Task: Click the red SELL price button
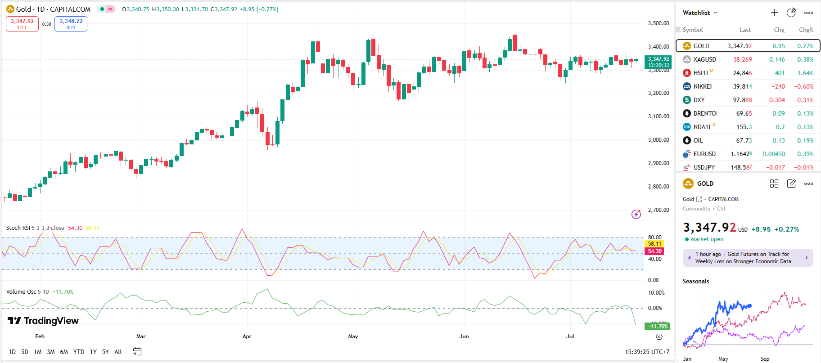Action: [22, 24]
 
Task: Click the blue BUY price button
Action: [71, 24]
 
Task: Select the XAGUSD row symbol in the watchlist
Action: [704, 59]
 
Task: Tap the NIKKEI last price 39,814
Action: [742, 86]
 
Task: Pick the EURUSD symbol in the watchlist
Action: [704, 154]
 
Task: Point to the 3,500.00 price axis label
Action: [659, 23]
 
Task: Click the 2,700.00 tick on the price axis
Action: [659, 210]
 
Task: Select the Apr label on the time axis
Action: [247, 336]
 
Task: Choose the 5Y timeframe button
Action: [105, 352]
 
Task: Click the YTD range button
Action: [79, 352]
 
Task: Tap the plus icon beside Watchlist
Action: [774, 13]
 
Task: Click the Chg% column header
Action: [806, 30]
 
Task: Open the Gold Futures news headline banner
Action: [748, 258]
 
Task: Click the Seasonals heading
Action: [696, 282]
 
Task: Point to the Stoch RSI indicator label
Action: [18, 228]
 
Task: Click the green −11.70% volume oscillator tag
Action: [658, 327]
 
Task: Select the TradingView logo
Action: [43, 321]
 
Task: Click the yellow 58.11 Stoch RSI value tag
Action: [654, 244]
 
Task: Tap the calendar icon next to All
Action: [137, 352]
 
